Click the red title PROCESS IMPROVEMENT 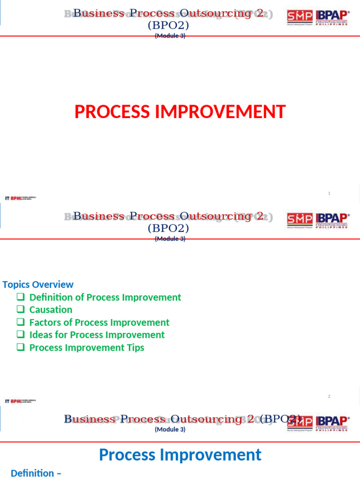pos(180,112)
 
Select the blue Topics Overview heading pos(38,285)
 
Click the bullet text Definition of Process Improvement pos(105,297)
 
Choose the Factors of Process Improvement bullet pos(99,322)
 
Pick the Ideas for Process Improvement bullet pos(97,335)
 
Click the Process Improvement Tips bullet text pos(87,347)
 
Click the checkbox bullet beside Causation pos(20,310)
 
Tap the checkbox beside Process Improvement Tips pos(20,347)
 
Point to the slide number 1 pos(329,193)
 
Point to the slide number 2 pos(329,397)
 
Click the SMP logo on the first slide pos(300,17)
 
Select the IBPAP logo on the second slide pos(332,220)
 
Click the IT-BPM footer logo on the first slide pos(20,198)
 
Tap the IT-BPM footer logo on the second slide pos(20,401)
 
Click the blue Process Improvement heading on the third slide pos(180,455)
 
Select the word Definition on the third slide pos(32,473)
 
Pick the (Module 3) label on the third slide pos(170,429)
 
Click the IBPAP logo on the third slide pos(332,423)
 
